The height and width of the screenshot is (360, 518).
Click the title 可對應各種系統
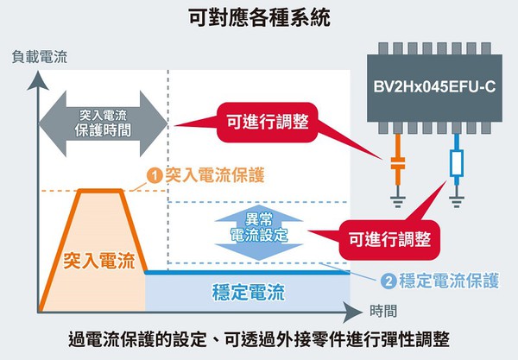pyautogui.click(x=258, y=16)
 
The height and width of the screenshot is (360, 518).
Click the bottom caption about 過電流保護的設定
pyautogui.click(x=258, y=338)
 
